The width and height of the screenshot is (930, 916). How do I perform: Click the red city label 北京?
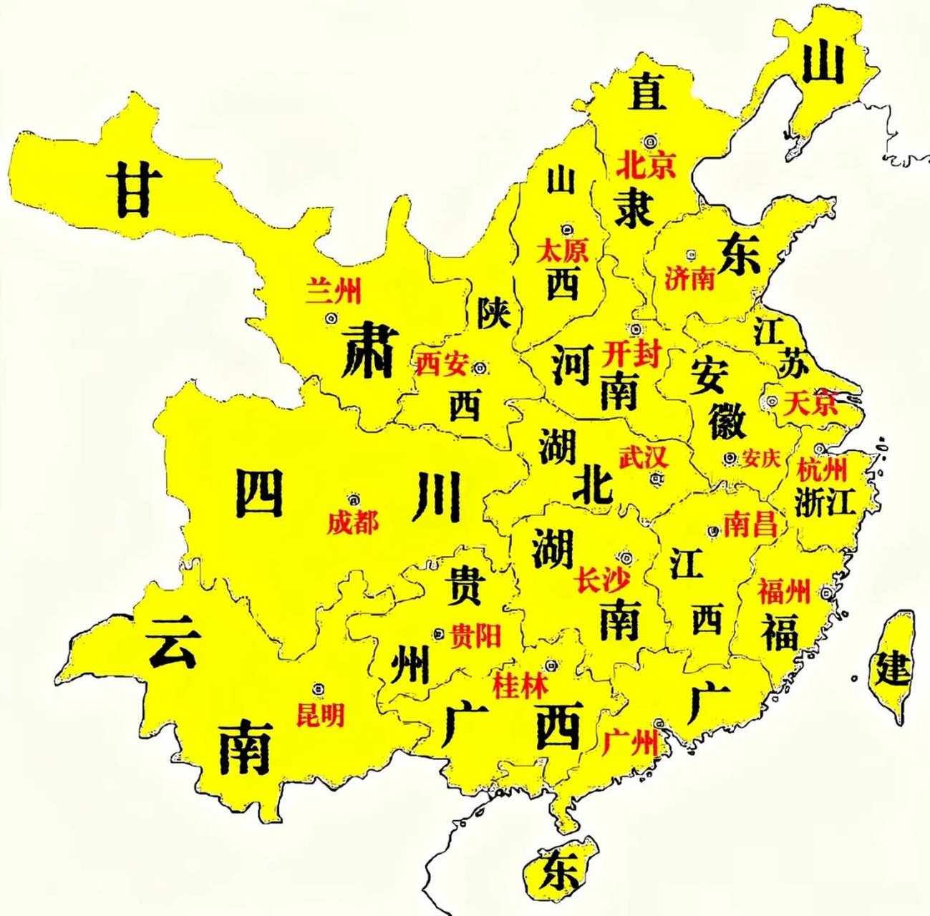click(646, 166)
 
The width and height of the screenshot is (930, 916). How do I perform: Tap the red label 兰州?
click(334, 291)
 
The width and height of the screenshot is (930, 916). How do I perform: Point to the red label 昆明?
click(320, 714)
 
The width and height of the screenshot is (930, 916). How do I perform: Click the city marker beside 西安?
click(480, 368)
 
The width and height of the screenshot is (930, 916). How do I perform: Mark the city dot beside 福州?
click(827, 593)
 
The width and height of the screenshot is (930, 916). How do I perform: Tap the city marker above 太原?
click(567, 230)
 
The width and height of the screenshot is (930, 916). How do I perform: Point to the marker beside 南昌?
click(713, 531)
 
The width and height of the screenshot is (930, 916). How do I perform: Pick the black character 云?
click(172, 642)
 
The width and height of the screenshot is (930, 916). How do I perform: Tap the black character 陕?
click(493, 313)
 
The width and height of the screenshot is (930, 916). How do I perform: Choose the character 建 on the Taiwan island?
click(893, 669)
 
